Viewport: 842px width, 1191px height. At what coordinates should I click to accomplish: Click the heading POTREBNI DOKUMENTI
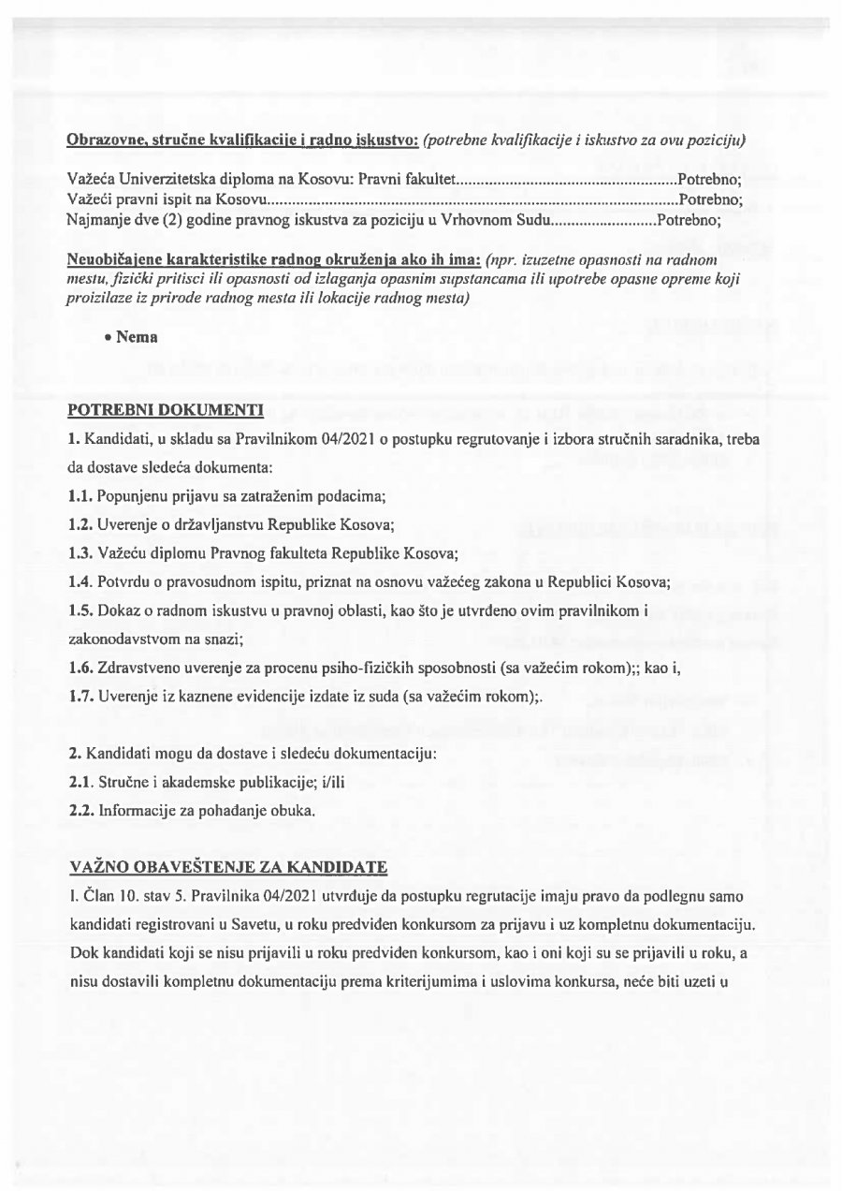click(x=166, y=409)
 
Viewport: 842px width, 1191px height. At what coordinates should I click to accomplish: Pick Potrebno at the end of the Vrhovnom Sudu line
click(x=689, y=221)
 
